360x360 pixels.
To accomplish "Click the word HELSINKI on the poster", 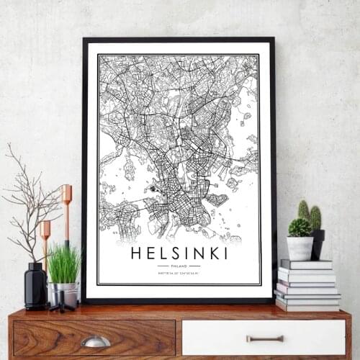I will tap(179, 253).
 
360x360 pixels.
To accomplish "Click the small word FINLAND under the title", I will tap(179, 265).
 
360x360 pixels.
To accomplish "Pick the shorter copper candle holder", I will tap(45, 238).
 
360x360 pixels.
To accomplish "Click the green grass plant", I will tap(63, 265).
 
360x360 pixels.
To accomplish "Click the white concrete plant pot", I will tap(300, 248).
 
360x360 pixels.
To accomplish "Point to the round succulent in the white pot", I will tap(300, 228).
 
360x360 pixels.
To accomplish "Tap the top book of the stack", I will tap(306, 264).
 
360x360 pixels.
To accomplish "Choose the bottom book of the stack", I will tap(307, 305).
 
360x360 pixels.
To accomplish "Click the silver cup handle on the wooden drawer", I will tap(95, 341).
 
